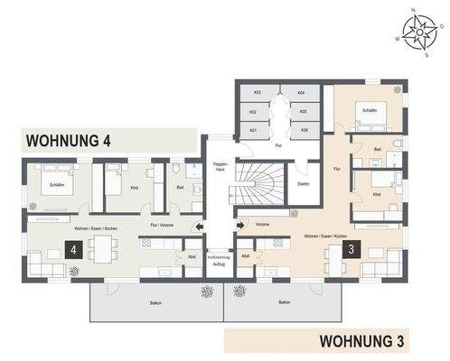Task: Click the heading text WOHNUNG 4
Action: tap(70, 141)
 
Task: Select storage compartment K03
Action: tap(257, 93)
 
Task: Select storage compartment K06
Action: tap(303, 131)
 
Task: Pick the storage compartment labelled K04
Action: tap(303, 93)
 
